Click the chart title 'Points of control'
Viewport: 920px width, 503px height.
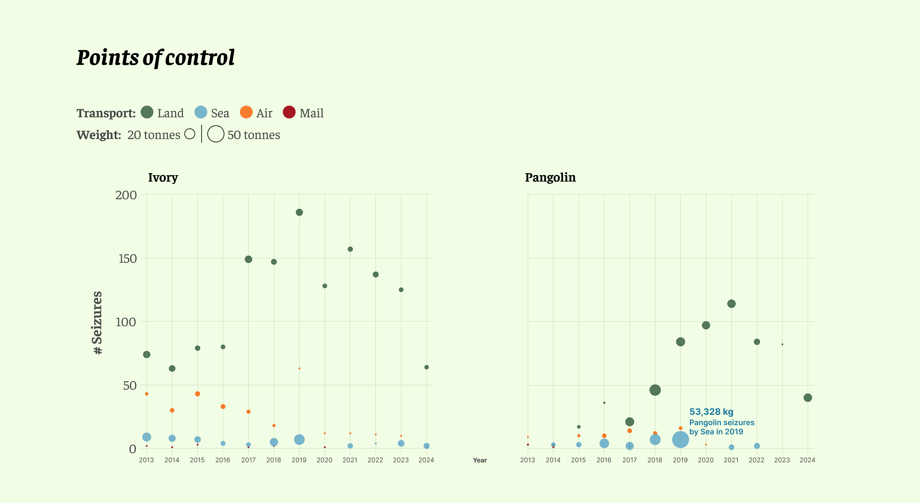click(155, 58)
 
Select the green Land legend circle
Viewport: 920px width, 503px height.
click(147, 112)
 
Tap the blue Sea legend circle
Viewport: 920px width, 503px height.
click(201, 112)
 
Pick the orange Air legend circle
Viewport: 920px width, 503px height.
click(246, 112)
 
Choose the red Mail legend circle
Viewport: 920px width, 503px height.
click(289, 112)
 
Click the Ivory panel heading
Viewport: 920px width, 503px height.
click(163, 177)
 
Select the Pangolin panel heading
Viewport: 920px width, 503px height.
click(550, 177)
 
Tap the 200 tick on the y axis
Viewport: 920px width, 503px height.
click(126, 195)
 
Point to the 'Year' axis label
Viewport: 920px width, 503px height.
click(480, 460)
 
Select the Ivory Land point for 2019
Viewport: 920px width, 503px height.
click(299, 212)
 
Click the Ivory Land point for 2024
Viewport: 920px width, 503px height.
click(426, 367)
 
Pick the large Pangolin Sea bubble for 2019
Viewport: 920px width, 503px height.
click(680, 439)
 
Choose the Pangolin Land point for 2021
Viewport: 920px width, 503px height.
click(731, 304)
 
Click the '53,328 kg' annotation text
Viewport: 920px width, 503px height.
click(711, 412)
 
